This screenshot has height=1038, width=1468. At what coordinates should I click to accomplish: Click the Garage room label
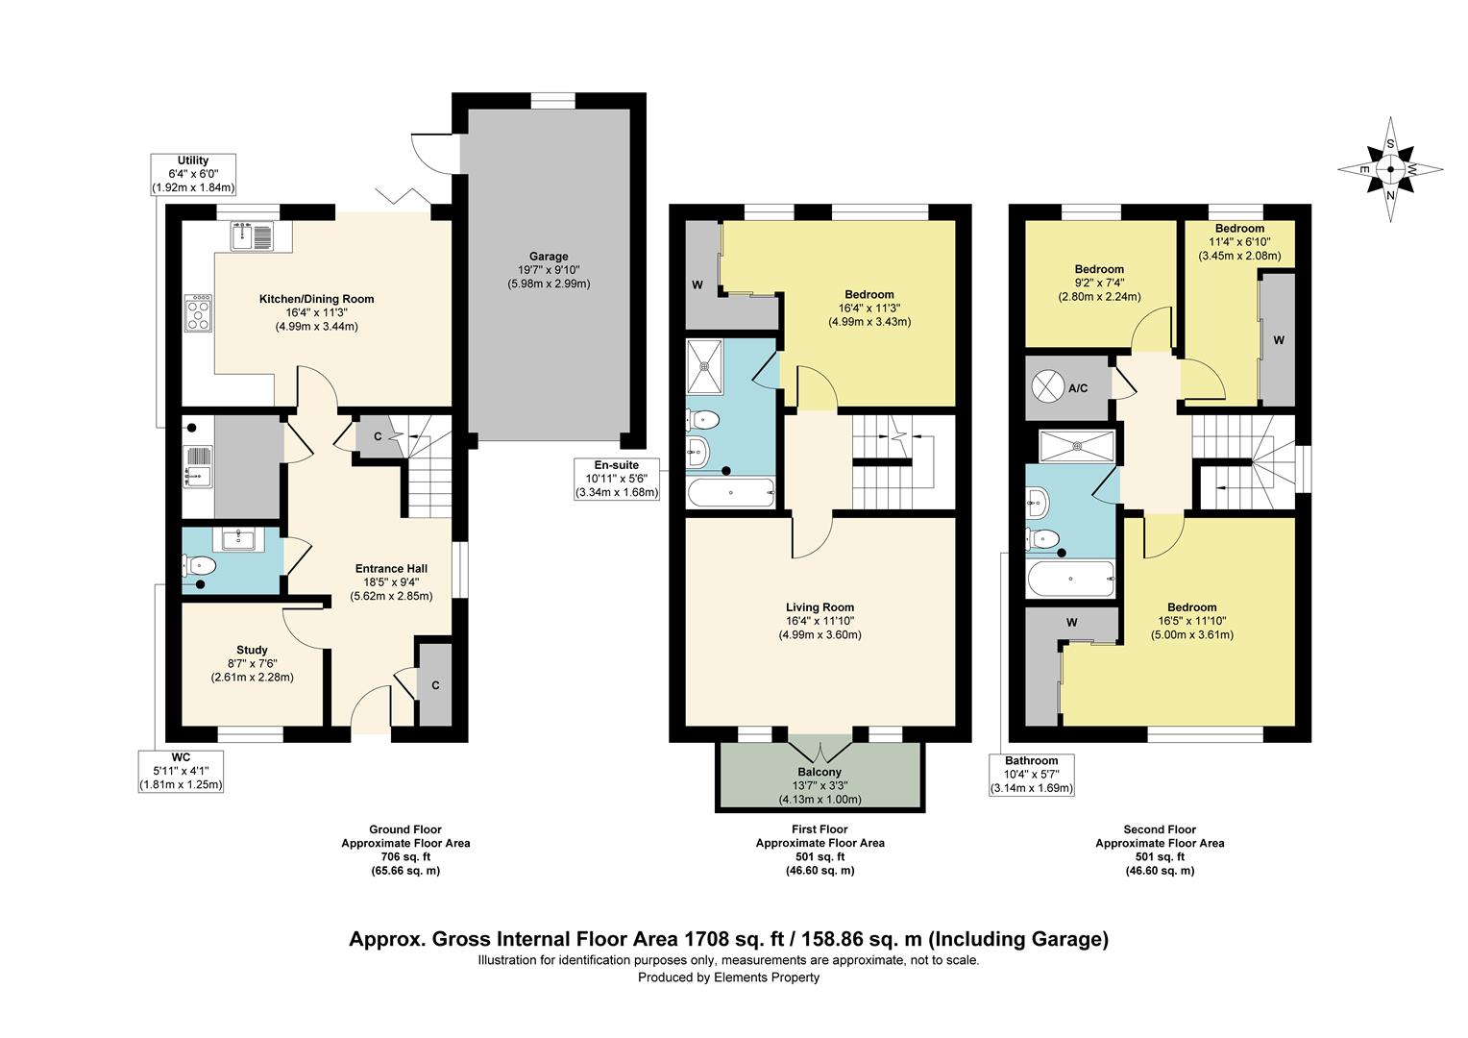coord(549,257)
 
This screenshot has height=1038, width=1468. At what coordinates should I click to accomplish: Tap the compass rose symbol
coord(1390,169)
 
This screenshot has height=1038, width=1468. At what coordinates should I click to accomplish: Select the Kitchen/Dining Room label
coord(316,299)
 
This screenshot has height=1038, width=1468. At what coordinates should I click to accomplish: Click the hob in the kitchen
coord(198,313)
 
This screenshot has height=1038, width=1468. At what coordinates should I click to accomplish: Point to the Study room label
coord(252,650)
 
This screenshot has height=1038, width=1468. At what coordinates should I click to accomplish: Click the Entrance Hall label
coord(391,569)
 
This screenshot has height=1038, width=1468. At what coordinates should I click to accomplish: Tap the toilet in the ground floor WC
coord(199,564)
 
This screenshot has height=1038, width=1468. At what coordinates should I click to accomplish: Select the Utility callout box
coord(193,174)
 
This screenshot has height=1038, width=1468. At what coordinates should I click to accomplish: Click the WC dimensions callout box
coord(181,771)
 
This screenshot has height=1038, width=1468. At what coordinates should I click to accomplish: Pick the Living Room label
coord(820,607)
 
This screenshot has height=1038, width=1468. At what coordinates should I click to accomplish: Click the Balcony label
coord(820,772)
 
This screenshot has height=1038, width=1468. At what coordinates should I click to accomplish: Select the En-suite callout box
coord(617,479)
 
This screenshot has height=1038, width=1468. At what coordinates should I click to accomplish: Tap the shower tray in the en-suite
coord(705,367)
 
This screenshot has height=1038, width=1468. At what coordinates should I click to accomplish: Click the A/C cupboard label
coord(1078,388)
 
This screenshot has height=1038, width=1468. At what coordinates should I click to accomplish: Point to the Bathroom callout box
coord(1032,775)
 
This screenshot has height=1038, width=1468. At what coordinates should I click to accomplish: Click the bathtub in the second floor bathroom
coord(1070,579)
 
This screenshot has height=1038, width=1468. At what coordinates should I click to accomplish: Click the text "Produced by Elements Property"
coord(729,977)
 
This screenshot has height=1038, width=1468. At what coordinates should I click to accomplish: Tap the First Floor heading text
coord(820,829)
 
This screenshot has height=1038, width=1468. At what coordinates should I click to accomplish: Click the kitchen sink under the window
coord(253,236)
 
